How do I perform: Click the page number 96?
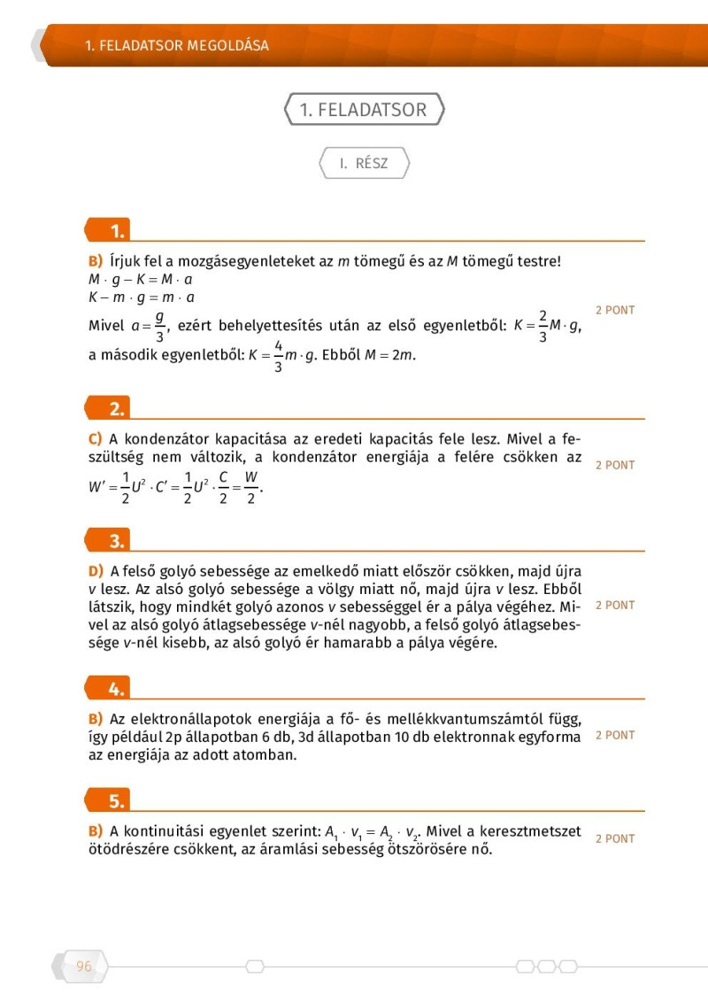point(84,966)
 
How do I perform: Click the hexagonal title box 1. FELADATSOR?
point(363,110)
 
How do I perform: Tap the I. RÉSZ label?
point(364,164)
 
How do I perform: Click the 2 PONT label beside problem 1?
point(614,311)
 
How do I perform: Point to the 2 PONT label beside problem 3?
point(614,606)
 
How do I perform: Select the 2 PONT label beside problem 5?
point(614,838)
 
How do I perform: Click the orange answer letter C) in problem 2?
point(96,439)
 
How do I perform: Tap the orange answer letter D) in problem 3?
point(96,571)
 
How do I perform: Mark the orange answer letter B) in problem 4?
point(96,718)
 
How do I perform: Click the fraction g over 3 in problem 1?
point(159,326)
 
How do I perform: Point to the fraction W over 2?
point(251,486)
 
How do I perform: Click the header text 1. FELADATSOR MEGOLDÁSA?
point(177,45)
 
